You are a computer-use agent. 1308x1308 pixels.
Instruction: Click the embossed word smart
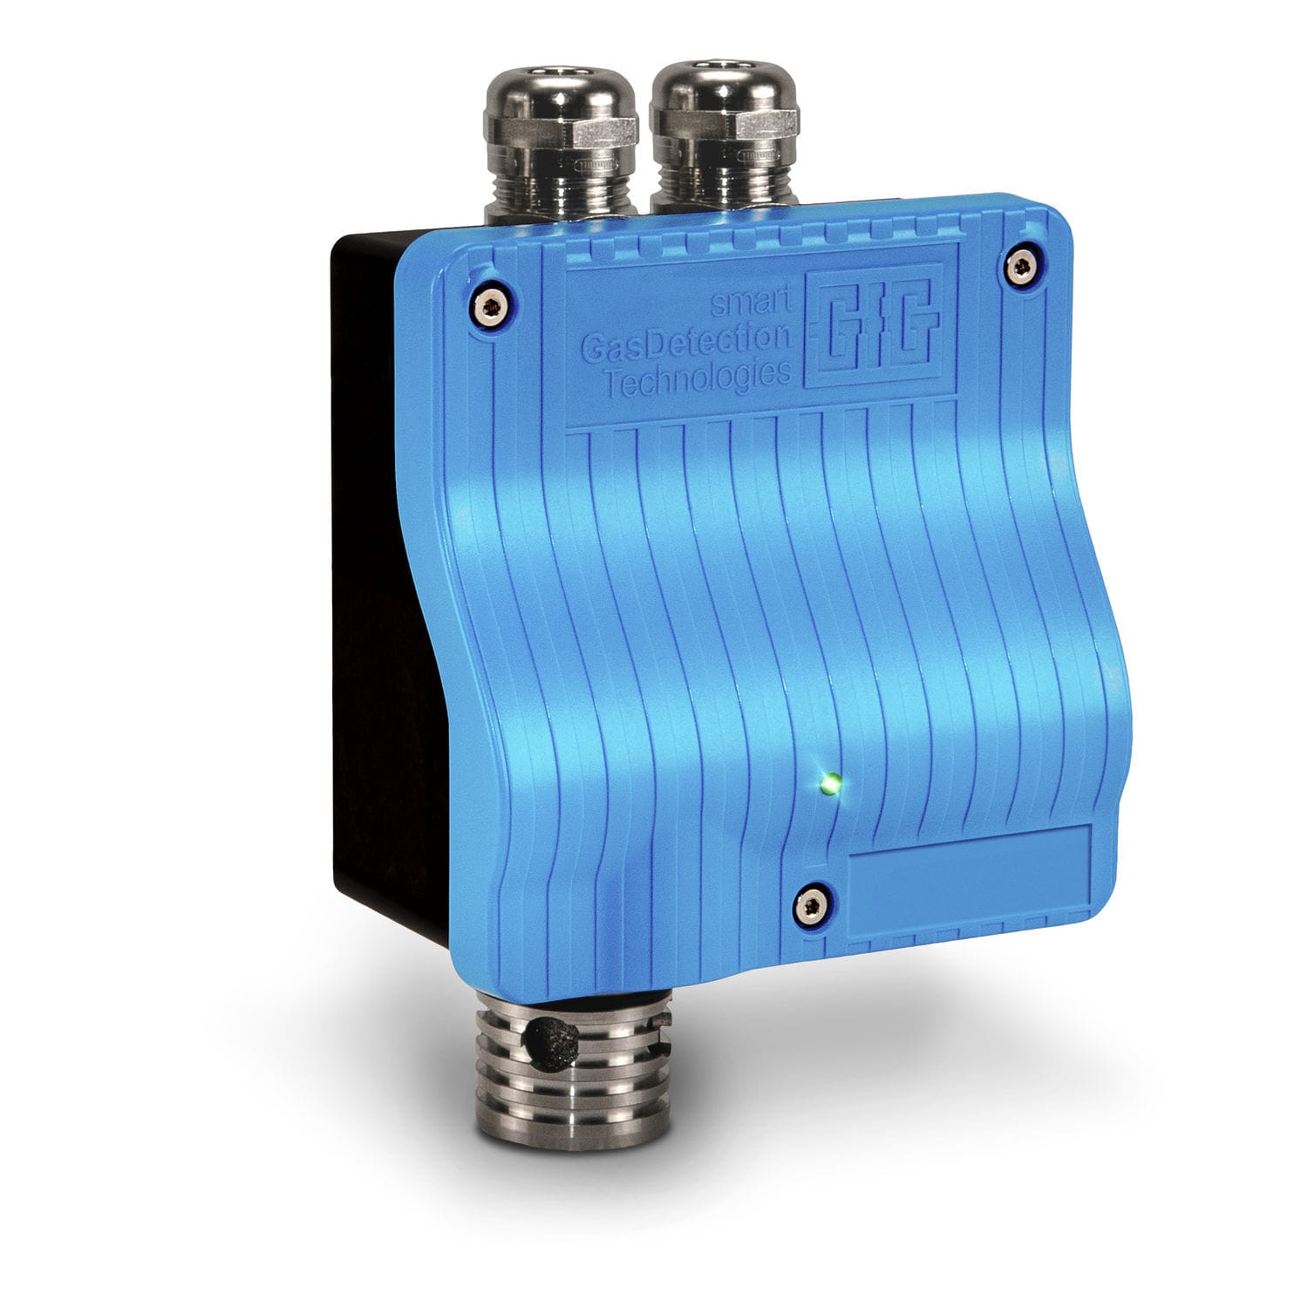pos(752,304)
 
